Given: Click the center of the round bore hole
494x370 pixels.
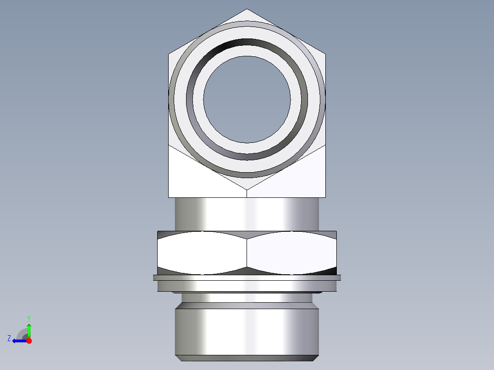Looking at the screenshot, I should (x=247, y=99).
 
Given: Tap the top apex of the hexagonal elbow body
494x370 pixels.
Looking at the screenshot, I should (x=247, y=9).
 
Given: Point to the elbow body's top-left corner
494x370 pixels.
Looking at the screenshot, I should (x=169, y=54).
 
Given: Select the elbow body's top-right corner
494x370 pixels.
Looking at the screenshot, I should (x=326, y=54).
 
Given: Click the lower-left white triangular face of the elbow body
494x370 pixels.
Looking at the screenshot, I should (x=192, y=179).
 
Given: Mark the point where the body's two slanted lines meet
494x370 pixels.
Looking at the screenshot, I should (x=247, y=190).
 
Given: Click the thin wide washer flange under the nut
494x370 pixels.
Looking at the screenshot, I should (x=247, y=277).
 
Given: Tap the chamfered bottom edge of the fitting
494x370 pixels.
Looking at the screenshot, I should (x=247, y=358).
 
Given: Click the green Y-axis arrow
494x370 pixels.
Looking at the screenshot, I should (x=29, y=330).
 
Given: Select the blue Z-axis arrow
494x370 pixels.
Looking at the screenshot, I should (x=19, y=341).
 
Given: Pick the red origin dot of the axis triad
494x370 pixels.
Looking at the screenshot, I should (x=29, y=341).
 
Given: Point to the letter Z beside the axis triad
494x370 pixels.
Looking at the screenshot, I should (x=9, y=338).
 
